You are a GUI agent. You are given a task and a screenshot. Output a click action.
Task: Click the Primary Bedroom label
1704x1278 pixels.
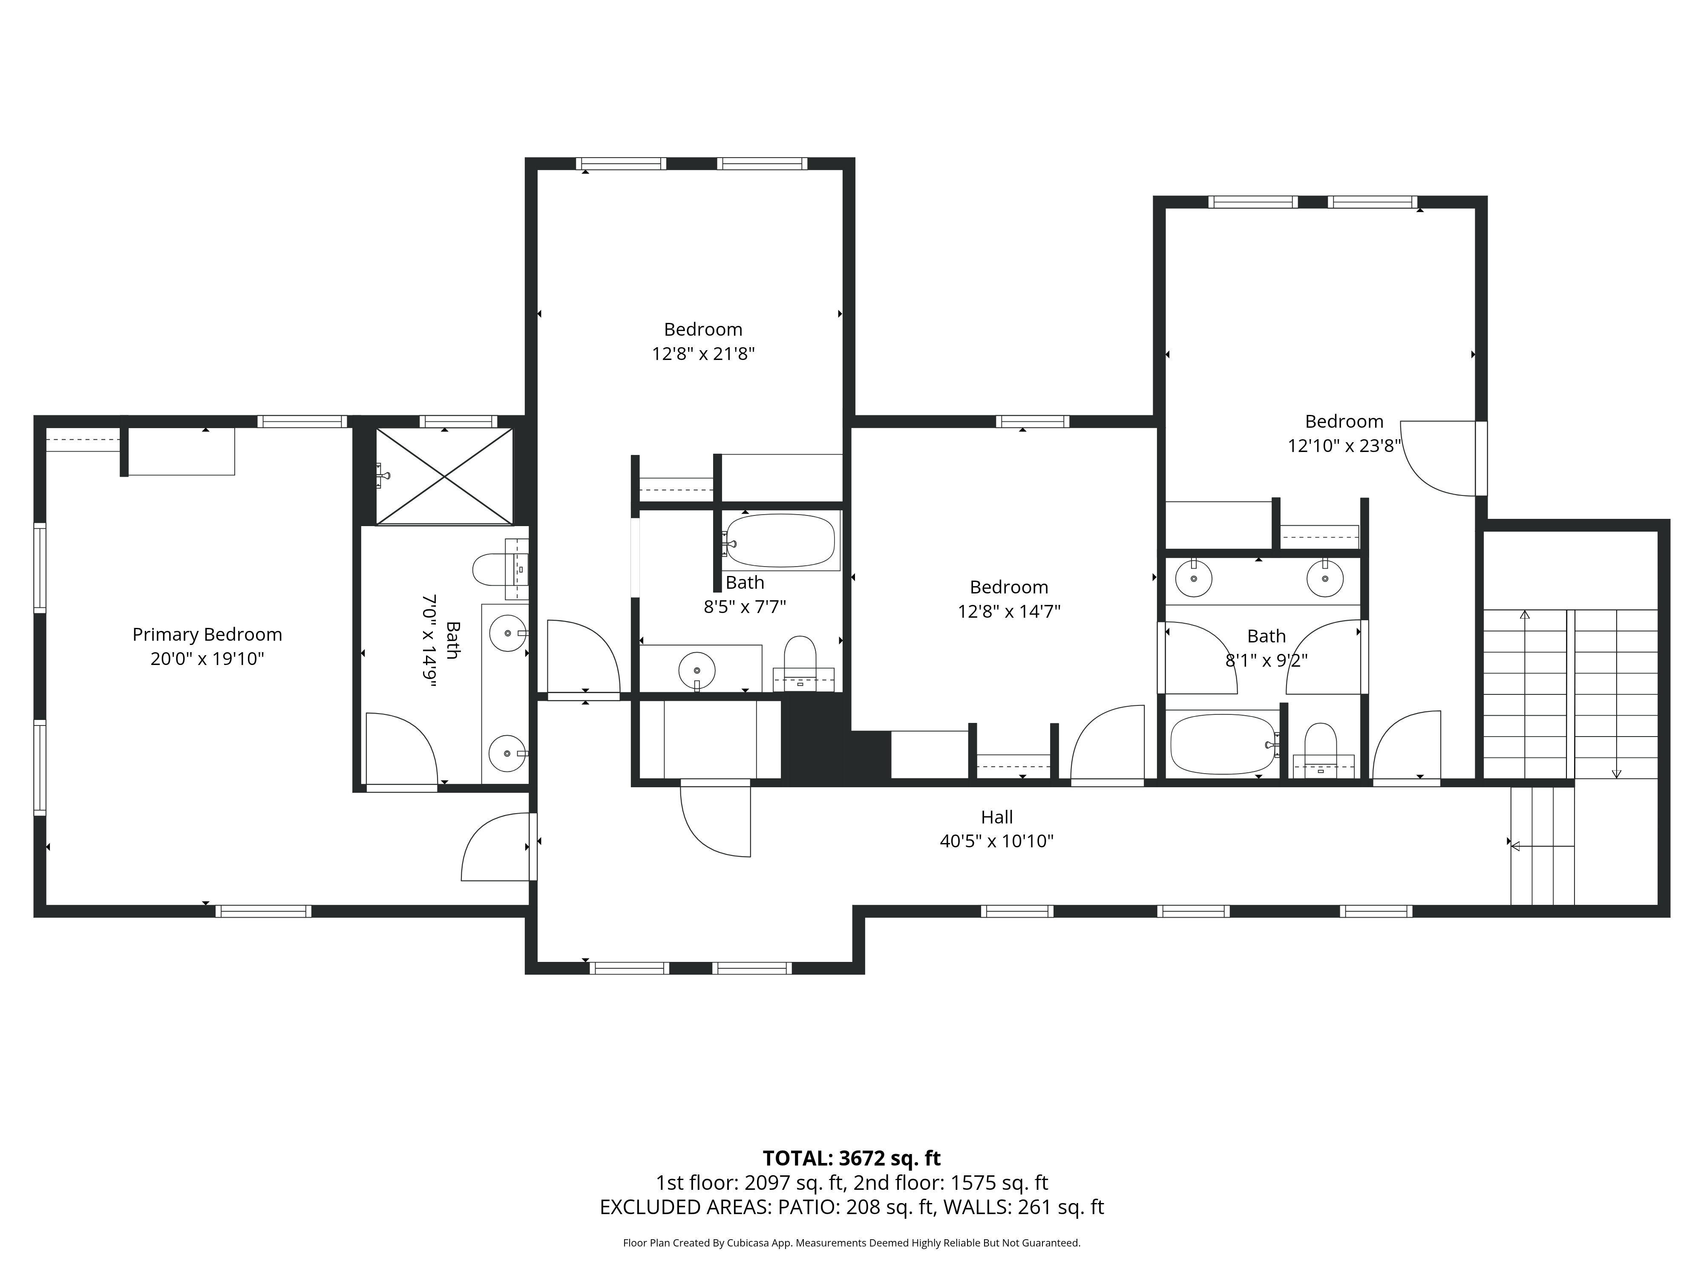click(x=207, y=634)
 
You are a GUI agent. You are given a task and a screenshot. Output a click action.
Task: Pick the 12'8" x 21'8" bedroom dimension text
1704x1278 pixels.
click(x=702, y=354)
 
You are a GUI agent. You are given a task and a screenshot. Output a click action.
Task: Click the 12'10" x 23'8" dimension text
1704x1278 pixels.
click(x=1344, y=446)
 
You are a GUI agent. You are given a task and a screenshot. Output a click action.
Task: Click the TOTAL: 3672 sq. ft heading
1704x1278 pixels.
click(x=851, y=1158)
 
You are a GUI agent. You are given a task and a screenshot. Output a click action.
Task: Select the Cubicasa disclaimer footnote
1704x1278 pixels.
click(x=851, y=1243)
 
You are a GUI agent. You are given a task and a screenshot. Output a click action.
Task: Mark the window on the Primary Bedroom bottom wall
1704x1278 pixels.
click(x=263, y=911)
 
